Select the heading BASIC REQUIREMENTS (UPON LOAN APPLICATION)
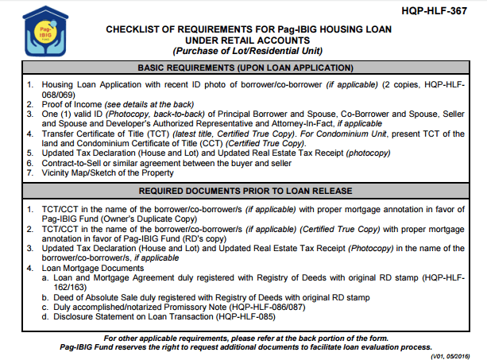245,68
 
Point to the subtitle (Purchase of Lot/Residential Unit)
245,52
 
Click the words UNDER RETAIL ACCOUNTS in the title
245,41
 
